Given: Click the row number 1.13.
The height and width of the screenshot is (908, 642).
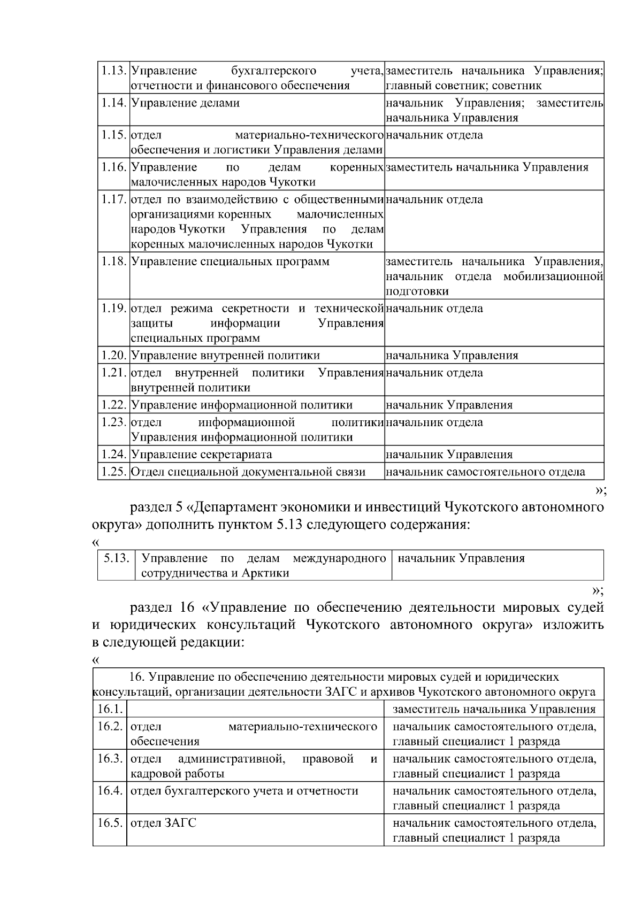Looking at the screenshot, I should (113, 71).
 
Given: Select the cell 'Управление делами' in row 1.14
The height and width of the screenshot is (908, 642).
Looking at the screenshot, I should (185, 103).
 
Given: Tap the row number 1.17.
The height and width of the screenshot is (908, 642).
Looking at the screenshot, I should (113, 200).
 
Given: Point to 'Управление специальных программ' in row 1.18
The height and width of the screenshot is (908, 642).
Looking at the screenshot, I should (230, 262).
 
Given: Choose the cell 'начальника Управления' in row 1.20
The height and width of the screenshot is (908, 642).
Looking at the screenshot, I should (452, 356).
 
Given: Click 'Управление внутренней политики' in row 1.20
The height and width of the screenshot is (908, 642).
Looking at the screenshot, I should (225, 356).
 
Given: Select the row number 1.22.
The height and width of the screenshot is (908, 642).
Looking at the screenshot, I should (113, 405).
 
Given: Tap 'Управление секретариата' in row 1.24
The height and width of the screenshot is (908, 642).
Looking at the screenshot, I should (202, 455).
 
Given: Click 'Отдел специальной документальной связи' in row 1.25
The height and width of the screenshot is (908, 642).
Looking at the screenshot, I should (248, 472).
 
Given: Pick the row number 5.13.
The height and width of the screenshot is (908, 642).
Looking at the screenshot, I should (116, 559).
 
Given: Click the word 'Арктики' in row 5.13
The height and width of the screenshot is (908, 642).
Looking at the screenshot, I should (265, 573).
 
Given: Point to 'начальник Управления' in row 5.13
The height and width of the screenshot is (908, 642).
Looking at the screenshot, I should (462, 559).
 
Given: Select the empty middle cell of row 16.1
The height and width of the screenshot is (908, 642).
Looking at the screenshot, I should (255, 710).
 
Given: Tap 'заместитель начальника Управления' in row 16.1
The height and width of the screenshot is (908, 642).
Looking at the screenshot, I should (494, 710).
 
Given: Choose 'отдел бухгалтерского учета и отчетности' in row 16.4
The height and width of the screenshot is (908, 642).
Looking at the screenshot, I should (244, 791).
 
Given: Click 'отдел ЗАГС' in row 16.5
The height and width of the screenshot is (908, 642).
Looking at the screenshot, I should (164, 824).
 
